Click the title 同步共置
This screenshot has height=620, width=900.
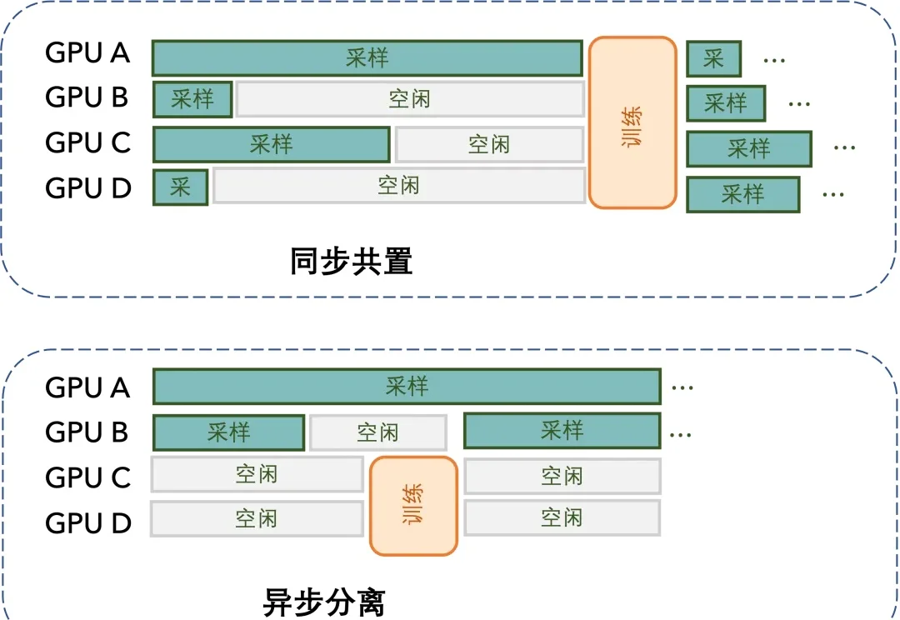(351, 262)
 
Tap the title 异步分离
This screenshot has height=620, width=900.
(324, 601)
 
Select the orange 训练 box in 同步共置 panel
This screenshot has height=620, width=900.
(632, 122)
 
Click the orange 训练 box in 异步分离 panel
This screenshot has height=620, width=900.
(414, 506)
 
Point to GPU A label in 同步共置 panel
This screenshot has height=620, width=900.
(87, 53)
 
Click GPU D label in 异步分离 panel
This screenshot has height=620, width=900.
(88, 522)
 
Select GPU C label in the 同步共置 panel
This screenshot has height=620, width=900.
(88, 142)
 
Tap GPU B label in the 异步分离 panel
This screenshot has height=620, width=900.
(87, 432)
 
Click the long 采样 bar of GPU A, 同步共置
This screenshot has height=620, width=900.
(367, 58)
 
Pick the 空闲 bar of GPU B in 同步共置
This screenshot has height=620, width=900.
(409, 99)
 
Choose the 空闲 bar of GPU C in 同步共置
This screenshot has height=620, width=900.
(488, 144)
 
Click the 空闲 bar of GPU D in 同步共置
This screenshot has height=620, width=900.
(398, 185)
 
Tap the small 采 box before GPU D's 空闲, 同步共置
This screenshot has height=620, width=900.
(180, 187)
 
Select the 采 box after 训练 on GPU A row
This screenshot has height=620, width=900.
(713, 58)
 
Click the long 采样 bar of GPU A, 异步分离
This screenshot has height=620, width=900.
(407, 387)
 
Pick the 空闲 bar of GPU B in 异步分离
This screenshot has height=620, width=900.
(378, 432)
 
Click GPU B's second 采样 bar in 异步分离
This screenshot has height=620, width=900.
(562, 431)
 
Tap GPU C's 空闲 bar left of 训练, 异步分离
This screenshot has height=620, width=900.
(257, 474)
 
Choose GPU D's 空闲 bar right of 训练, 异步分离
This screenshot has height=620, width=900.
(562, 517)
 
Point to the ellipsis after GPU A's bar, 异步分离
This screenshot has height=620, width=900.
(682, 388)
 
